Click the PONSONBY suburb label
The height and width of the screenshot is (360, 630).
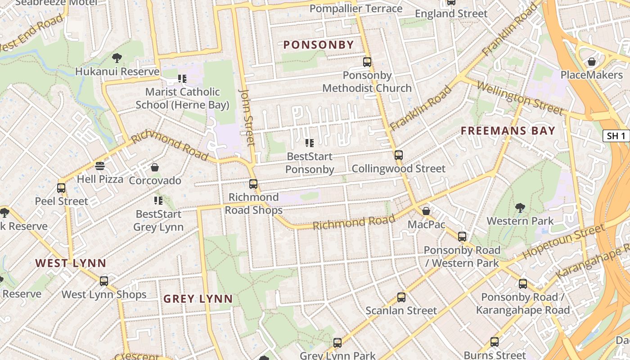[x=319, y=45]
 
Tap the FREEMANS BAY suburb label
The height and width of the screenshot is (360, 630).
[x=508, y=131]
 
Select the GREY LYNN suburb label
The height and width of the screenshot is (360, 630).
[x=198, y=299]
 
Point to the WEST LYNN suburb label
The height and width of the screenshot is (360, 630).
[x=71, y=263]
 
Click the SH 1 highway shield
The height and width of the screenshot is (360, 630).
[x=616, y=136]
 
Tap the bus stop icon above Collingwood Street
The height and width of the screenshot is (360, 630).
[x=398, y=155]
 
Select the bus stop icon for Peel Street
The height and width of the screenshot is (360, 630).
[x=61, y=188]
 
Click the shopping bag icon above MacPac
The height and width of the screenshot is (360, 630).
[x=426, y=211]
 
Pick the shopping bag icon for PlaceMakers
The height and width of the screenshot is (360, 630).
[x=591, y=62]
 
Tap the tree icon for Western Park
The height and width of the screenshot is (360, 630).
[x=520, y=207]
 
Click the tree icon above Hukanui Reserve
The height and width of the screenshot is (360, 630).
[x=117, y=58]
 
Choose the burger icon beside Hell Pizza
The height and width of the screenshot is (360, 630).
[x=100, y=166]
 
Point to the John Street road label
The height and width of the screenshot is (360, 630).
[x=247, y=117]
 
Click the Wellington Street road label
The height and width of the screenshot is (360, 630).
[x=520, y=98]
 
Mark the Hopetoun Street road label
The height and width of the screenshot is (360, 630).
[x=565, y=241]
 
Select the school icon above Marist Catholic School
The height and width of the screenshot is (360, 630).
[x=182, y=79]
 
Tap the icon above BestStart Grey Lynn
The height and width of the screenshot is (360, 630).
[x=158, y=200]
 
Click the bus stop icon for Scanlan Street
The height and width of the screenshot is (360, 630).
[x=401, y=297]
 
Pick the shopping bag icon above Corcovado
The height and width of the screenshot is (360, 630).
[x=155, y=167]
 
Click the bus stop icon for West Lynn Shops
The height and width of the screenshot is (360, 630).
[x=104, y=281]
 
